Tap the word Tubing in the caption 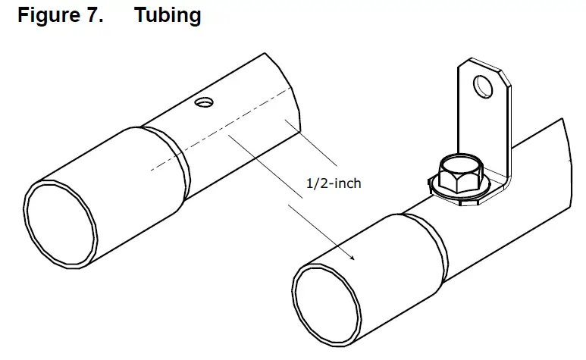[x=168, y=16]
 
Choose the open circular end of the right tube [x=325, y=302]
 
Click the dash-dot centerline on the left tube [x=190, y=144]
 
